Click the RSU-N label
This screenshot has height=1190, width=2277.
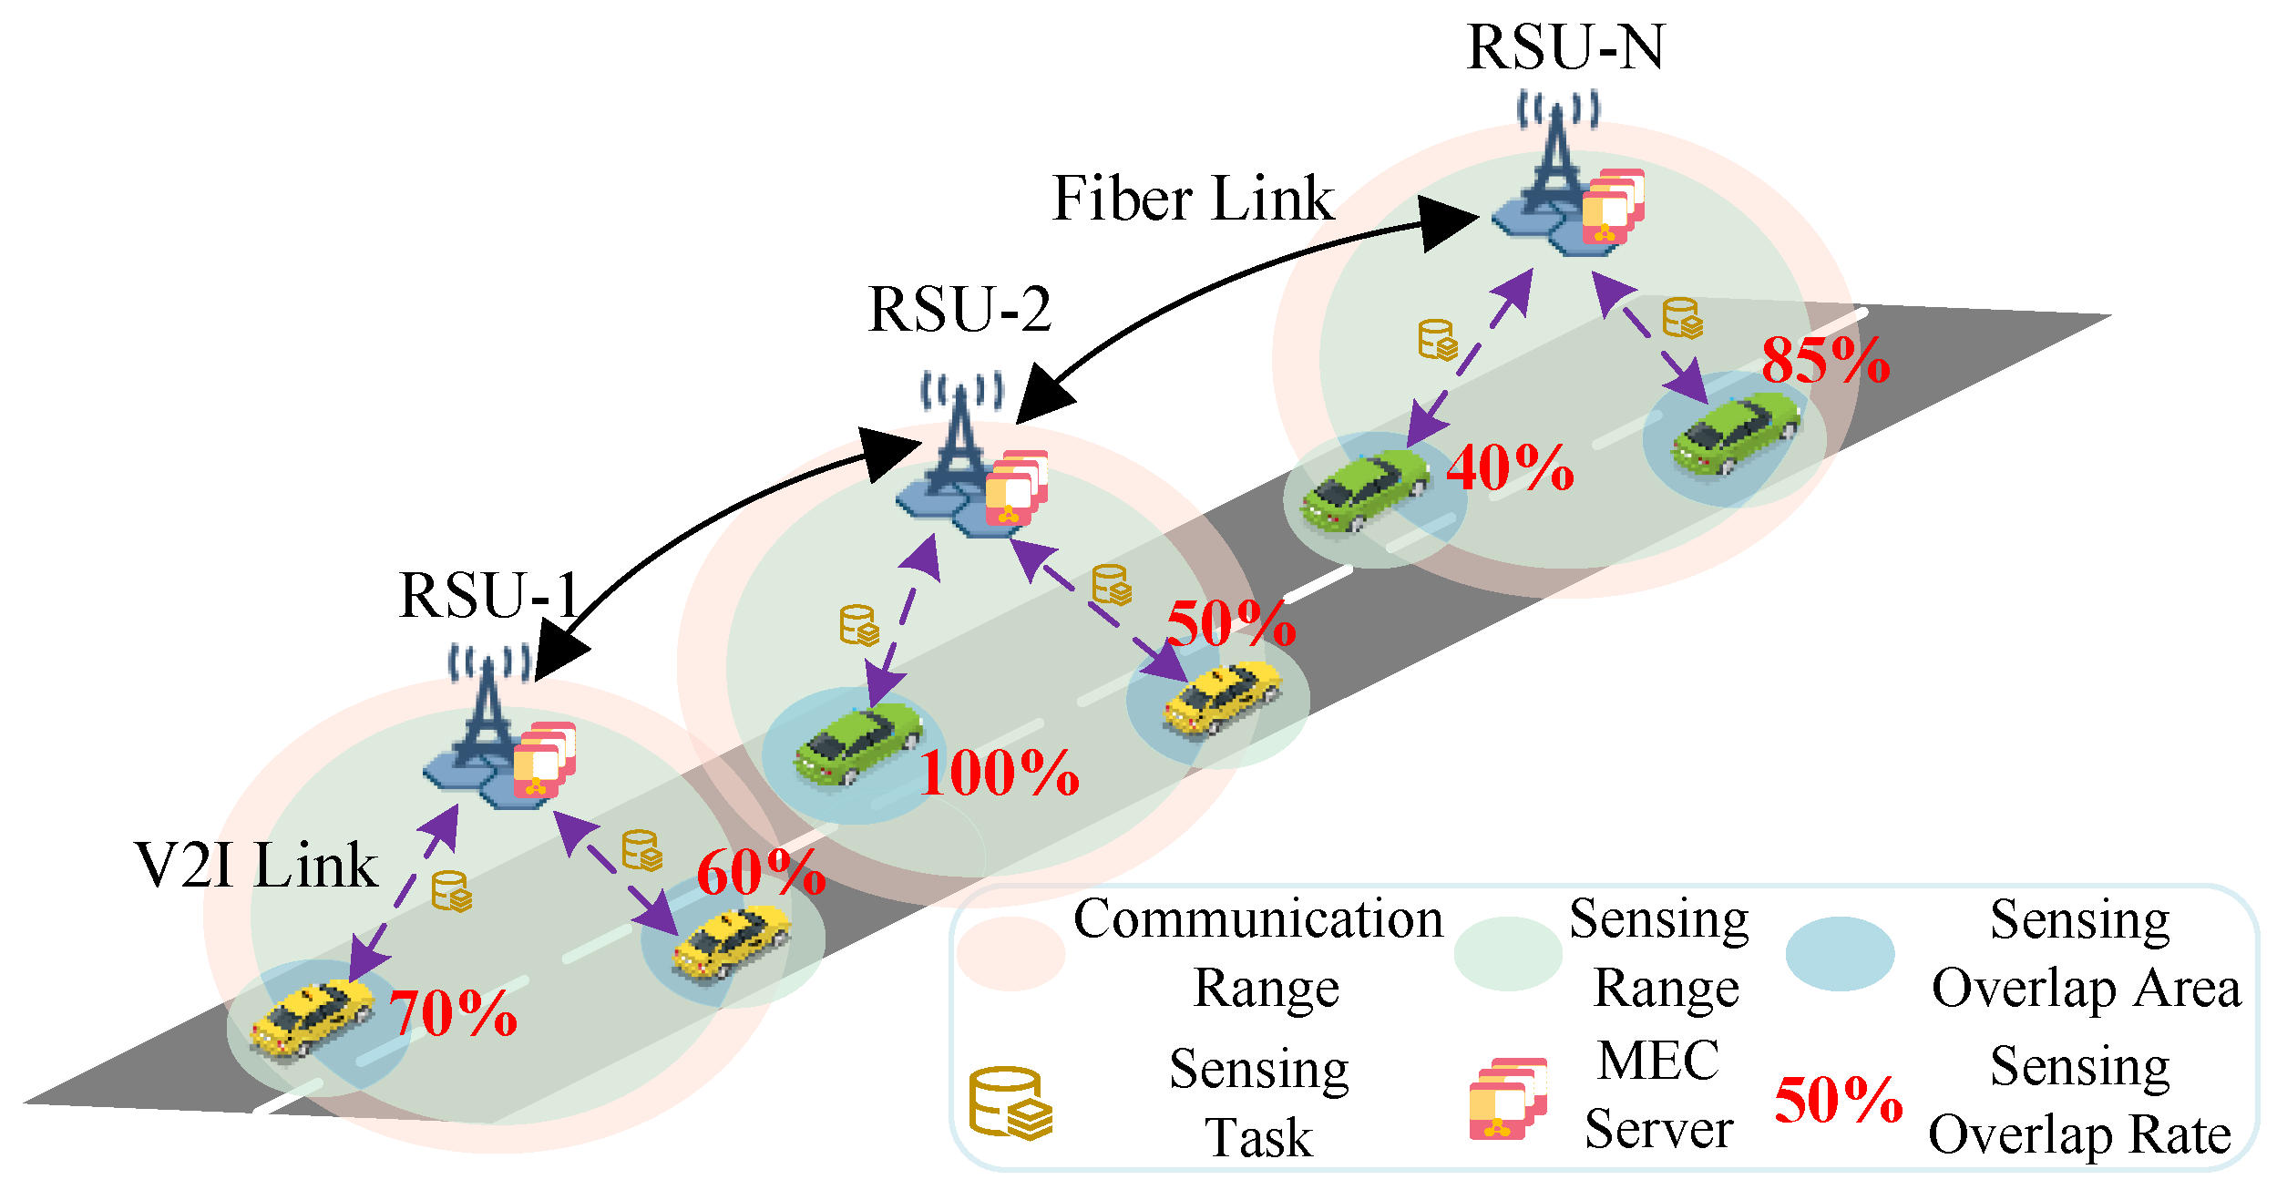click(x=1565, y=47)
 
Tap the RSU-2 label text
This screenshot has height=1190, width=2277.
click(x=959, y=310)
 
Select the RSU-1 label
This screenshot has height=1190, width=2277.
click(x=489, y=596)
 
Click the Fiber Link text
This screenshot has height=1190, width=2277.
click(x=1193, y=199)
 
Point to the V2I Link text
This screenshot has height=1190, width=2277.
click(x=256, y=866)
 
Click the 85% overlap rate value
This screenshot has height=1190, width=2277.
click(x=1825, y=361)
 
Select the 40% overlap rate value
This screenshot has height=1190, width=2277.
click(x=1510, y=469)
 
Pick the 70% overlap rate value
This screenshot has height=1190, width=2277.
click(x=453, y=1013)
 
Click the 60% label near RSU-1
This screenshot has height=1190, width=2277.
click(x=761, y=873)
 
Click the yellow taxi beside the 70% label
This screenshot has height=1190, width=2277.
click(x=312, y=1019)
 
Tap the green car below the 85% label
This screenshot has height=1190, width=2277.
click(x=1736, y=434)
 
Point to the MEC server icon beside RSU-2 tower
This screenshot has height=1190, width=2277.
click(x=1015, y=487)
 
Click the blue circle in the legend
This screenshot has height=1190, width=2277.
click(x=1840, y=954)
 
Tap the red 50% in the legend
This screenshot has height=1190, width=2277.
click(x=1838, y=1101)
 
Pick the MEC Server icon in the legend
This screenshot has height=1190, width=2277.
click(x=1507, y=1099)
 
